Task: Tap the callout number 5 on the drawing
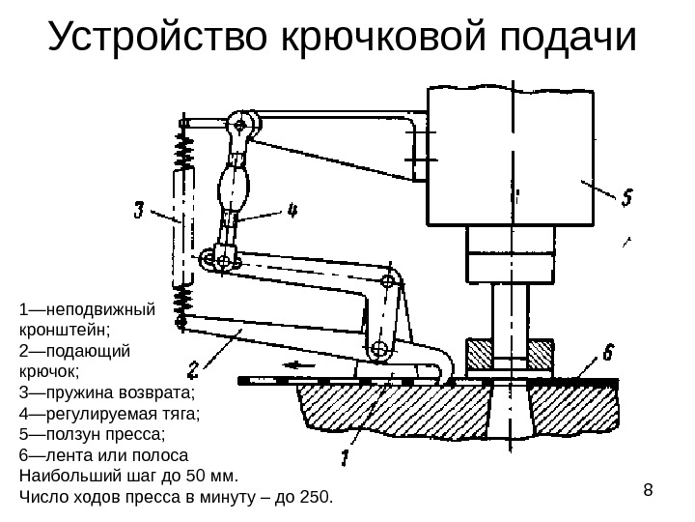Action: tap(626, 198)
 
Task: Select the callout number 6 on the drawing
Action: tap(609, 349)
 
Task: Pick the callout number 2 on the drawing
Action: tap(193, 368)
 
